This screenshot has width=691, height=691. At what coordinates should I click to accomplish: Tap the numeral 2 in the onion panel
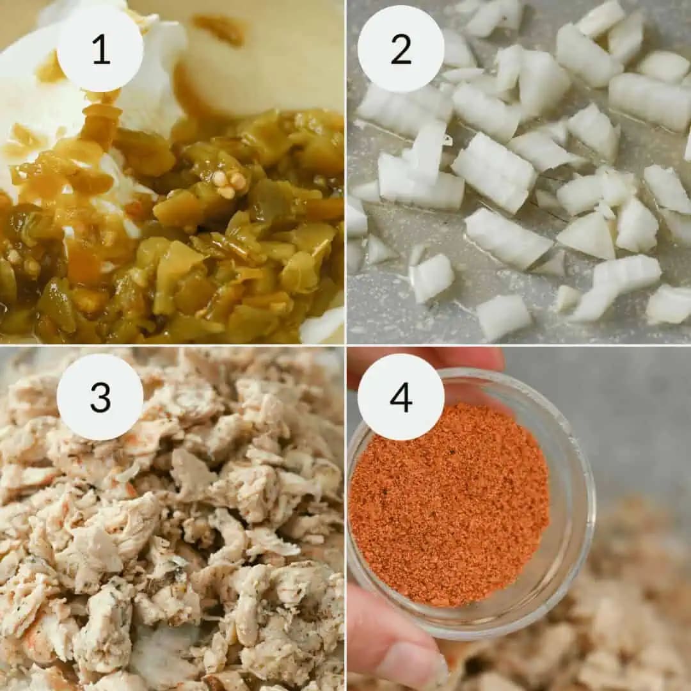(x=401, y=49)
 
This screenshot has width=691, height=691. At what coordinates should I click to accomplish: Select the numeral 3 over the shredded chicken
(x=100, y=397)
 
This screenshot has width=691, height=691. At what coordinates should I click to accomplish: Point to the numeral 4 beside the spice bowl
(x=401, y=397)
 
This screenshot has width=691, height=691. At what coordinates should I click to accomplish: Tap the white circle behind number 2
(x=401, y=49)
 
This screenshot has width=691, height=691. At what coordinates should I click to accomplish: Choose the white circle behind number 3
(x=100, y=397)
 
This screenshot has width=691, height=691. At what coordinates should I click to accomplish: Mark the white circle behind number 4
(x=401, y=397)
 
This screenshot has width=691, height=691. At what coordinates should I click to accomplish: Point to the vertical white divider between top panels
(x=345, y=172)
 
